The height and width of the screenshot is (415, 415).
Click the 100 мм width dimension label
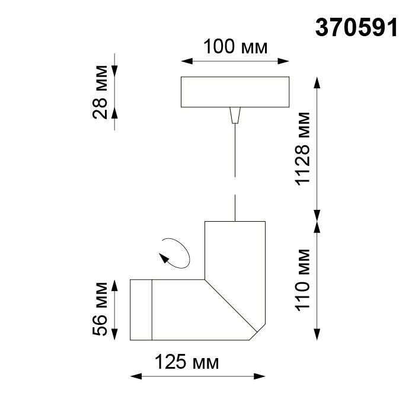pyautogui.click(x=234, y=46)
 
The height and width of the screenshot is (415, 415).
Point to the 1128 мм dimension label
pyautogui.click(x=304, y=148)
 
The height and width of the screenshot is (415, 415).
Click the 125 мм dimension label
pyautogui.click(x=187, y=362)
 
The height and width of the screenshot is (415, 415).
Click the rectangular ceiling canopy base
pyautogui.click(x=235, y=92)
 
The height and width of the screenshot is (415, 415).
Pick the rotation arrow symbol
pyautogui.click(x=175, y=254)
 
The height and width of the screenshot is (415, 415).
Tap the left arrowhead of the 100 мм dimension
pyautogui.click(x=184, y=60)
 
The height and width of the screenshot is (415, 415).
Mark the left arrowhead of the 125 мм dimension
pyautogui.click(x=133, y=376)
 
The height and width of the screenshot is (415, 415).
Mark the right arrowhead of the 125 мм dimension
pyautogui.click(x=261, y=376)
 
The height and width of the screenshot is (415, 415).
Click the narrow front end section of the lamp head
pyautogui.click(x=141, y=309)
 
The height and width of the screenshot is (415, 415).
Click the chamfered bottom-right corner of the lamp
pyautogui.click(x=258, y=332)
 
